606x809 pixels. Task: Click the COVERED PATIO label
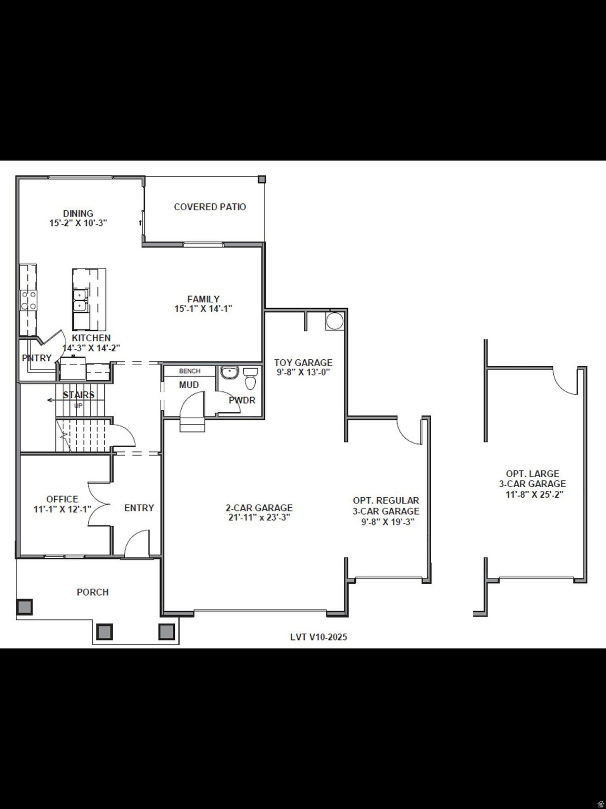click(x=210, y=207)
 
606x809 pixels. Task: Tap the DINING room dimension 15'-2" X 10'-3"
click(x=78, y=223)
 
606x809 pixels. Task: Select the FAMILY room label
click(x=203, y=299)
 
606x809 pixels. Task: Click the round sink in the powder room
click(x=230, y=373)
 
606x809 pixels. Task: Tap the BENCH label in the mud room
click(x=190, y=371)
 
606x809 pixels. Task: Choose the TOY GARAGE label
click(x=303, y=362)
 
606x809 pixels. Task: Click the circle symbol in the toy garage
click(x=334, y=321)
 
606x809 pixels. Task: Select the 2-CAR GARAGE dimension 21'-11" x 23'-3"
click(x=259, y=517)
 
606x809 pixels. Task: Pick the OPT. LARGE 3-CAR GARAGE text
click(x=532, y=479)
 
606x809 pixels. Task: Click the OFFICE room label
click(x=62, y=499)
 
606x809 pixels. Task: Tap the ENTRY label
click(x=139, y=508)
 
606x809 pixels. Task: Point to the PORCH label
click(x=93, y=592)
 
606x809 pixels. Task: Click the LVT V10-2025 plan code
click(x=319, y=637)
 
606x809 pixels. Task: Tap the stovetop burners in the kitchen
click(x=28, y=300)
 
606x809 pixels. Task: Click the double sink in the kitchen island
click(x=80, y=300)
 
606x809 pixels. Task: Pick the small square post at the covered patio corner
click(x=262, y=180)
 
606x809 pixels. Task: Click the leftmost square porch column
click(x=24, y=607)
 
